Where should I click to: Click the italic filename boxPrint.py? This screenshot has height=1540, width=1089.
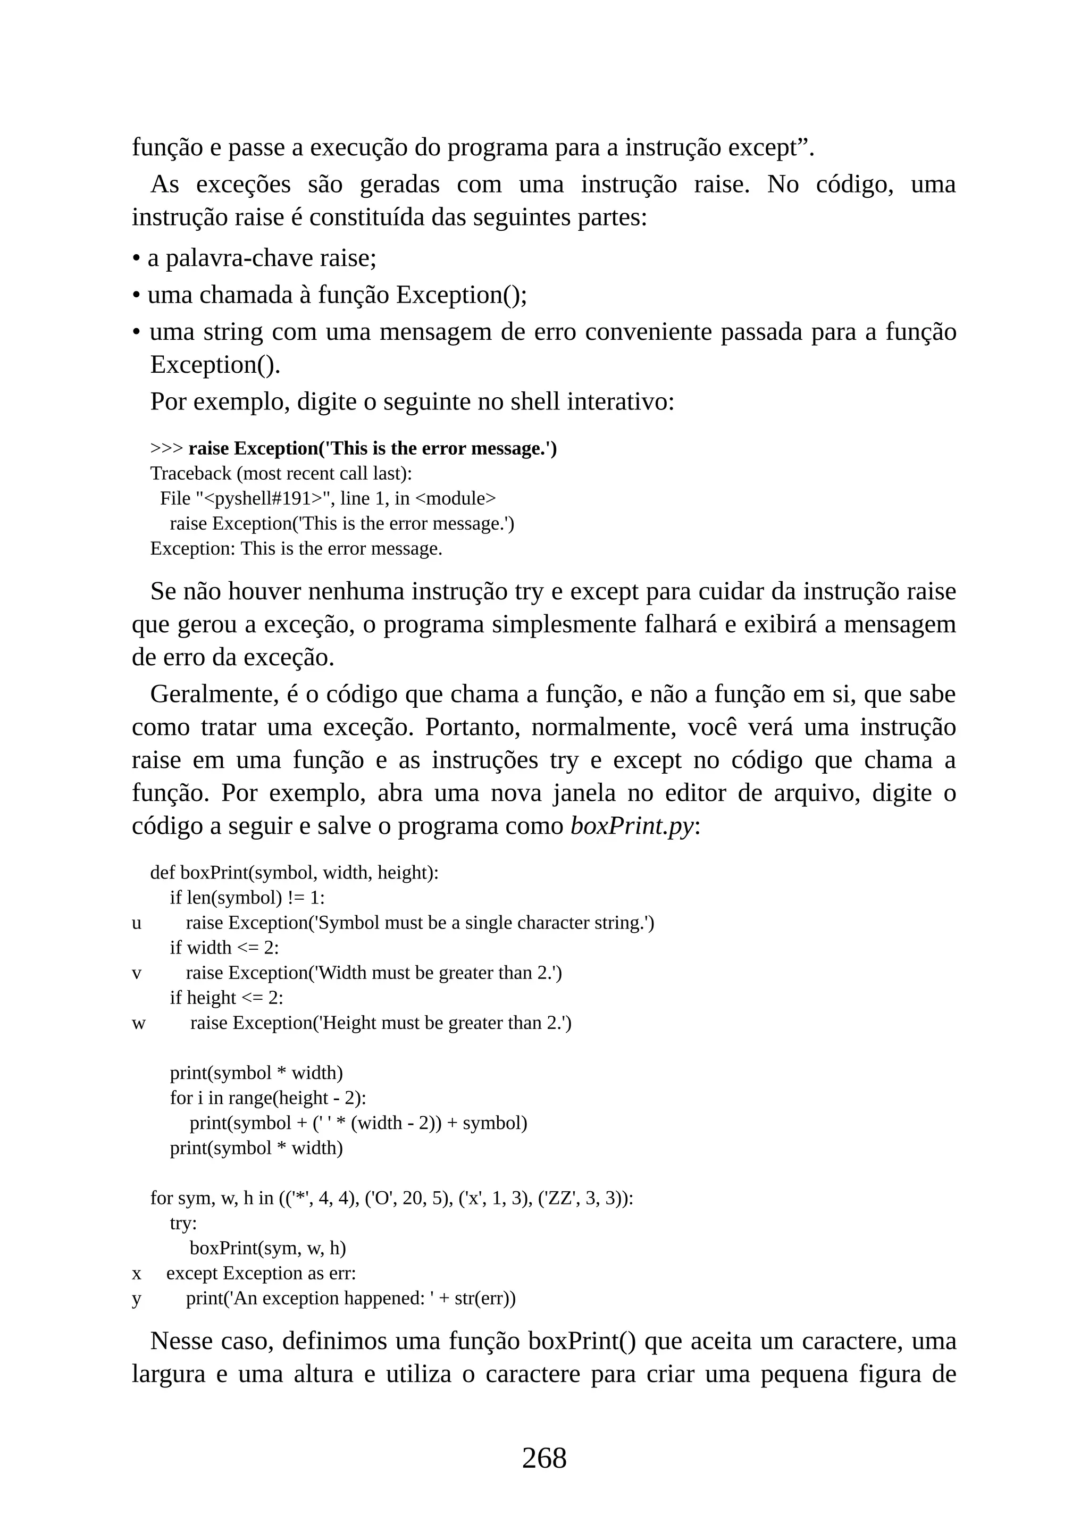click(x=632, y=826)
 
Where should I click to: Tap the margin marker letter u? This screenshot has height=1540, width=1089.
click(x=137, y=923)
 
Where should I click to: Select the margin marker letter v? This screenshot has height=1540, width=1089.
click(x=137, y=973)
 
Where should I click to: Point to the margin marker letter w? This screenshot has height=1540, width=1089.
click(x=138, y=1024)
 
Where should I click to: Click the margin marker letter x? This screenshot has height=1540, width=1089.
click(x=137, y=1274)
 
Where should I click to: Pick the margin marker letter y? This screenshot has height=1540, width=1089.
click(x=137, y=1299)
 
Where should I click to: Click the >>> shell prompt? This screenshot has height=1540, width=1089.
click(x=166, y=449)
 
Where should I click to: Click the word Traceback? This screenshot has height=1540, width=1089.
click(x=190, y=473)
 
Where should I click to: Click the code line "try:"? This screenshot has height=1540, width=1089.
click(x=183, y=1224)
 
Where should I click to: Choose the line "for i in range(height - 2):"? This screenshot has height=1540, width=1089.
click(x=267, y=1098)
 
